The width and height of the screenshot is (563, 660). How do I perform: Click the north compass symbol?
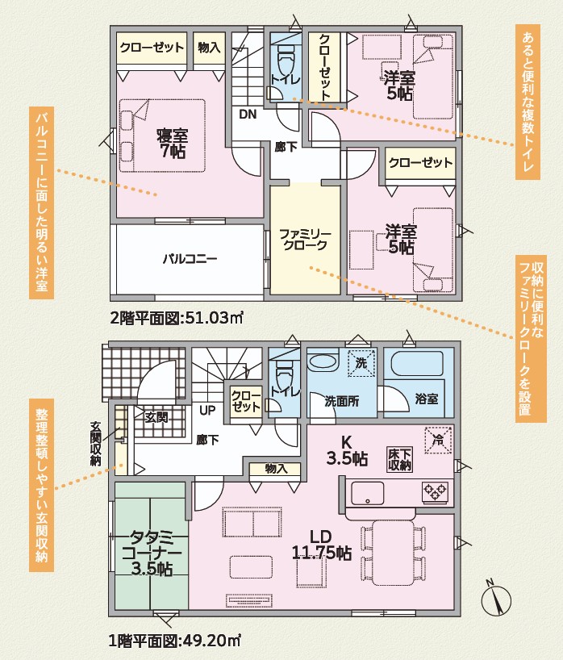pos(496,599)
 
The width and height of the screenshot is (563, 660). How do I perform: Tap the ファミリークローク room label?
pos(305,239)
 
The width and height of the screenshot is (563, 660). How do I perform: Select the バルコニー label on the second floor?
pos(190,258)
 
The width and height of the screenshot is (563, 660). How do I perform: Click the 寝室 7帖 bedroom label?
pos(173,144)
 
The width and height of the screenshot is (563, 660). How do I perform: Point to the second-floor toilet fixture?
pos(286,59)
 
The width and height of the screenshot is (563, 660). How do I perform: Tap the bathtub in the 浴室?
pos(417,363)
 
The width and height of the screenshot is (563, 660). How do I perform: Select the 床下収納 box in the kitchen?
pos(399,459)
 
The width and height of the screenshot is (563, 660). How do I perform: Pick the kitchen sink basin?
pos(367,493)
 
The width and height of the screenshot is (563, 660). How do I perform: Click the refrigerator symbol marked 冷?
pos(438,441)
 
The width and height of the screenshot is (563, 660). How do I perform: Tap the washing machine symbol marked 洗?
pos(361,363)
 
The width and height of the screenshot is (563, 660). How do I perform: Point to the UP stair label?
pos(207,410)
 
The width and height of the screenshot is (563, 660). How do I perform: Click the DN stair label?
pos(248,114)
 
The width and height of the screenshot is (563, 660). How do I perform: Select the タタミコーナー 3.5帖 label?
pos(152,553)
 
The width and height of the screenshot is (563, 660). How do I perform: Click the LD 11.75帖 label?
pos(322,545)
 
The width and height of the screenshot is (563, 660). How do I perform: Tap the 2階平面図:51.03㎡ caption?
pos(177,318)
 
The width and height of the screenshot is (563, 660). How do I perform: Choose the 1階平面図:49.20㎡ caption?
pos(174,641)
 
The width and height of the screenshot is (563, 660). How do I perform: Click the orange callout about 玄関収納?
pos(41,485)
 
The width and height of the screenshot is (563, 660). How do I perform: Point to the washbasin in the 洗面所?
pos(323,361)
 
